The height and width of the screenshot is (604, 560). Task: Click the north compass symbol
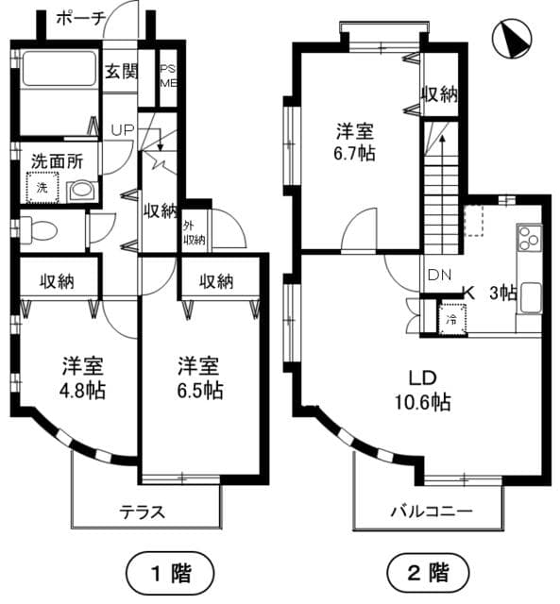(514, 39)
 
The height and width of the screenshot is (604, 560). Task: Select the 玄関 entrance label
(121, 72)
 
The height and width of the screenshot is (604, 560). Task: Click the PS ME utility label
(167, 75)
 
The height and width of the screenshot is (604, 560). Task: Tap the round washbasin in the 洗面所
(82, 190)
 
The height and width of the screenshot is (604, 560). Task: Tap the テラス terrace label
(143, 512)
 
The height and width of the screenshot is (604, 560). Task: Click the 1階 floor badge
(170, 572)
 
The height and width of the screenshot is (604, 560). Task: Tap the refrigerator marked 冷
(452, 317)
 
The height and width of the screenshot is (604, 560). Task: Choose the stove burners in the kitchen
(528, 239)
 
